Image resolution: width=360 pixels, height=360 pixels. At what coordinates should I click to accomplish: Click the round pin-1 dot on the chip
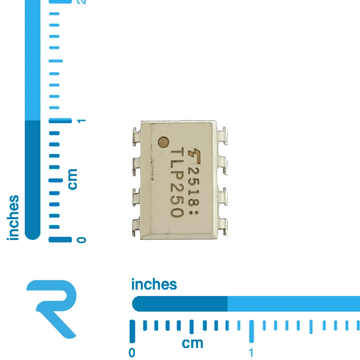(x=164, y=142)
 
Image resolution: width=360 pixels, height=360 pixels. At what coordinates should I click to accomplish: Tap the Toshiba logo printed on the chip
(x=194, y=156)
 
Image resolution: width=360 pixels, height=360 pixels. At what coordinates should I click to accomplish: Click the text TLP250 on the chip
(x=177, y=183)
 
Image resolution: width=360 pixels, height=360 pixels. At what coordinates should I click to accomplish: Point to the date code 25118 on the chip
(x=194, y=186)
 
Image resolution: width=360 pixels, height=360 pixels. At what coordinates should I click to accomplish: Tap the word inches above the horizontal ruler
(x=154, y=284)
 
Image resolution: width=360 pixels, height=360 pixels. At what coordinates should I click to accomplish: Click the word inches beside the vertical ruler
(x=13, y=218)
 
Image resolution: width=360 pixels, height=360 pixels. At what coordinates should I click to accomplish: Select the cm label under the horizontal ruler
(x=192, y=344)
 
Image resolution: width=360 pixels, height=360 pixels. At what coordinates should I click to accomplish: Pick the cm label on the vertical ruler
(x=72, y=179)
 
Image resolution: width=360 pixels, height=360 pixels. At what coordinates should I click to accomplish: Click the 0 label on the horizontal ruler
(x=132, y=353)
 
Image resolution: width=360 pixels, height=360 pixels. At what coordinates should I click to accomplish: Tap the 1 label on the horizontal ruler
(x=251, y=353)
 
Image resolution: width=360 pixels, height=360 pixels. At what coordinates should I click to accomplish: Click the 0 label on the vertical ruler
(x=81, y=240)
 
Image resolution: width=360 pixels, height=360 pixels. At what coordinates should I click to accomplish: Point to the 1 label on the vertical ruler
(x=81, y=121)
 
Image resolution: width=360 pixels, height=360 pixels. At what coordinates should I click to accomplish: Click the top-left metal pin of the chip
(x=136, y=137)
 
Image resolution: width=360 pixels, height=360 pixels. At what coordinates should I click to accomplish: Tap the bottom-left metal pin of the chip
(x=136, y=228)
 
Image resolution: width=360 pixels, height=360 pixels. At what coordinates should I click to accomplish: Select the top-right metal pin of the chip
(x=222, y=136)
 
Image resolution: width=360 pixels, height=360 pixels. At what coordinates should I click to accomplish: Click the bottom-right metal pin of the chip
(x=222, y=227)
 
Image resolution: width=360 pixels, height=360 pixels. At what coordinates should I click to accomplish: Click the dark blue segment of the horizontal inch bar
(x=180, y=304)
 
